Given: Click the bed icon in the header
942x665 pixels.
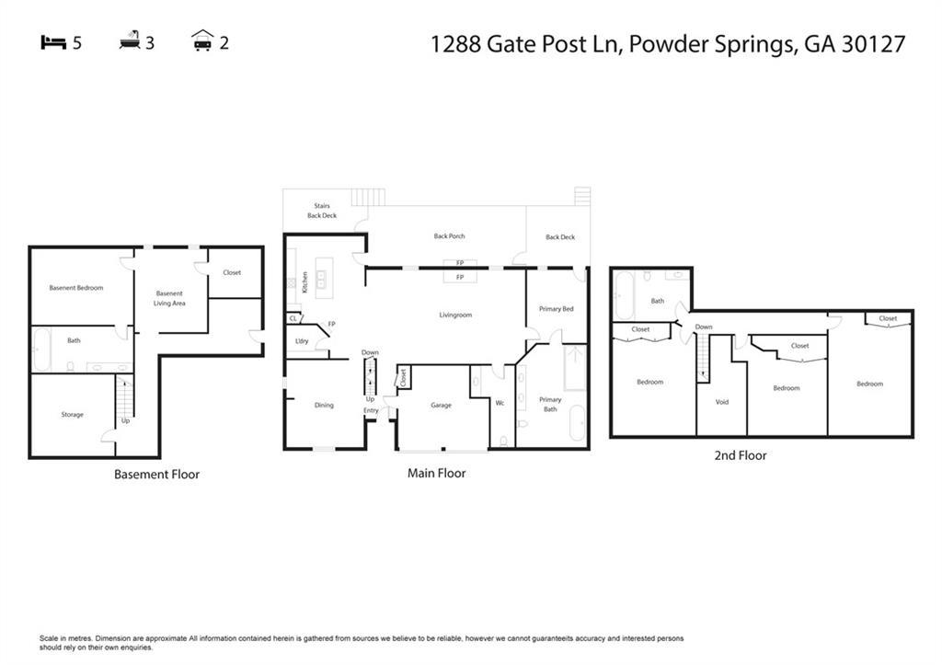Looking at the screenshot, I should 54,42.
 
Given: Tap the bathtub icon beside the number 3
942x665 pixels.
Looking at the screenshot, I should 130,41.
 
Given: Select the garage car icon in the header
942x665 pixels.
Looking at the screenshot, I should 202,41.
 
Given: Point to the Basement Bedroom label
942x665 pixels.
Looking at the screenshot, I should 76,288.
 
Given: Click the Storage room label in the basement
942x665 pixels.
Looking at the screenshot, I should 73,415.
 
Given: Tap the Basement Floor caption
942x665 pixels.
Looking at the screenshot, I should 156,475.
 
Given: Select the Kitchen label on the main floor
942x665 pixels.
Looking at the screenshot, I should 304,282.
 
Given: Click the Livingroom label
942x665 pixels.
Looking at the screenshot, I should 454,315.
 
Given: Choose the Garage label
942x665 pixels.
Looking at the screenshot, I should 441,406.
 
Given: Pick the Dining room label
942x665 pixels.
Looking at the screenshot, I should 324,406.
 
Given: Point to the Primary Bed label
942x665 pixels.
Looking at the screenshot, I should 556,309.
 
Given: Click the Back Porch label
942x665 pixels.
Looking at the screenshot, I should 450,236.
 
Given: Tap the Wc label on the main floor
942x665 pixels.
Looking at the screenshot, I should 500,404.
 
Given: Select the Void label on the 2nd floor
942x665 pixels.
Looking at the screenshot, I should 722,402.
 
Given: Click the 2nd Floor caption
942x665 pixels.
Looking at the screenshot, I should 741,455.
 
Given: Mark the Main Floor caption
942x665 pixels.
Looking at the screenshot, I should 436,474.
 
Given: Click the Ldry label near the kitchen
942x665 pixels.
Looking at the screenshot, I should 302,341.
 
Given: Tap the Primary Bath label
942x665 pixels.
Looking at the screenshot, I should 550,404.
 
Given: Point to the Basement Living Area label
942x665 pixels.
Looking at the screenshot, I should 169,298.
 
